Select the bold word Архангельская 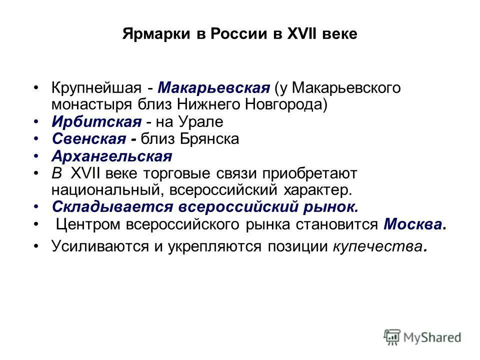click(x=111, y=156)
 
